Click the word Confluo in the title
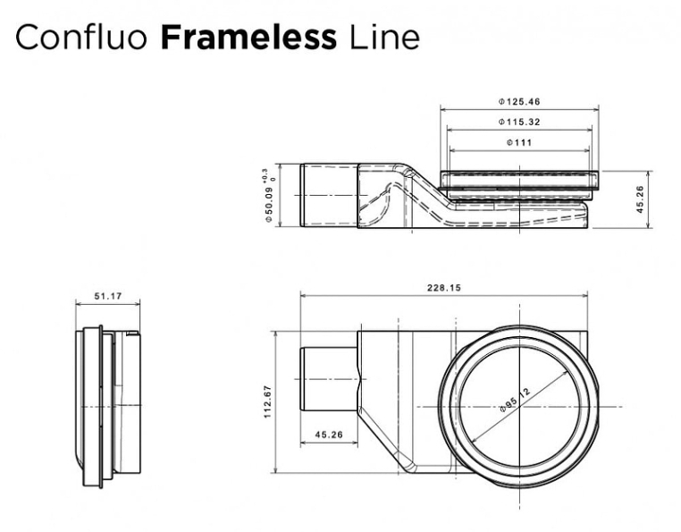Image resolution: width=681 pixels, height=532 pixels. pyautogui.click(x=81, y=38)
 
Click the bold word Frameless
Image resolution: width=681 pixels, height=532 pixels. pyautogui.click(x=248, y=38)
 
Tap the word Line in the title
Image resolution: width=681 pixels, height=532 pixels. pyautogui.click(x=384, y=38)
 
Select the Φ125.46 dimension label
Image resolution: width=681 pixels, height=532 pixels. pyautogui.click(x=519, y=102)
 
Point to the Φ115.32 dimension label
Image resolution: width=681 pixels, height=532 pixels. pyautogui.click(x=519, y=122)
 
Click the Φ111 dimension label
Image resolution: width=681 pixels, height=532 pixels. pyautogui.click(x=519, y=142)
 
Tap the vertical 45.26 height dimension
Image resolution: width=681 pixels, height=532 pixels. pyautogui.click(x=640, y=199)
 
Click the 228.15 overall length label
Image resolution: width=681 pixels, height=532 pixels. pyautogui.click(x=444, y=288)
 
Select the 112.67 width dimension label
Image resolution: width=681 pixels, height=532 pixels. pyautogui.click(x=267, y=402)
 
